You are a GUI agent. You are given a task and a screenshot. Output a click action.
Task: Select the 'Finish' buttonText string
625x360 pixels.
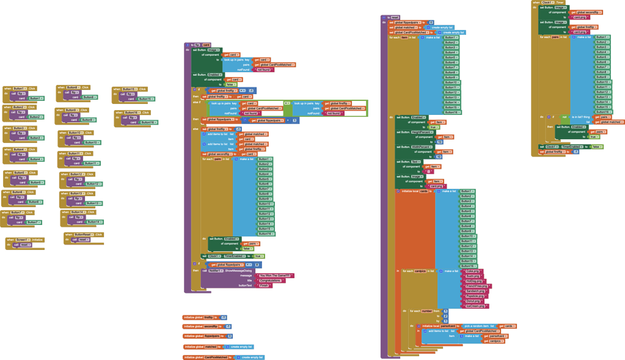(x=264, y=285)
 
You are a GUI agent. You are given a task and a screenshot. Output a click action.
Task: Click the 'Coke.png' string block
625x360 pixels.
(x=472, y=271)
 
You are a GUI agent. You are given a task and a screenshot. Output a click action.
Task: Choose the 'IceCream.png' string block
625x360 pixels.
(x=475, y=306)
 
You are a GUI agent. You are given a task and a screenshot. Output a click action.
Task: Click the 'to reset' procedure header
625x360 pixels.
(x=392, y=17)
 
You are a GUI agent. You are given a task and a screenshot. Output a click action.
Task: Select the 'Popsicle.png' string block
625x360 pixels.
(x=474, y=296)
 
